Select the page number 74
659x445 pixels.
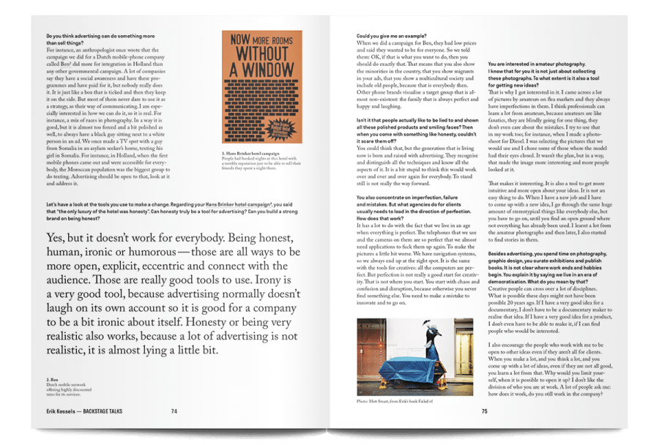(x=174, y=411)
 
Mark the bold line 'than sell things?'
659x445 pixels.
(x=72, y=42)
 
